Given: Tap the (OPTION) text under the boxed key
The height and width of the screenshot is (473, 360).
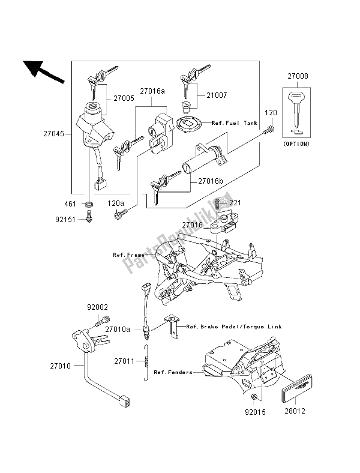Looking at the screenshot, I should click(296, 145).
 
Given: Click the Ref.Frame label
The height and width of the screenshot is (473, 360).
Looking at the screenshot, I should click(129, 255).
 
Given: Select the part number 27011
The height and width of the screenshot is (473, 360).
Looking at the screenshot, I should click(126, 361).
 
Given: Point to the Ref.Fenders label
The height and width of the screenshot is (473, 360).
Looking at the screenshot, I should click(173, 372).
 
